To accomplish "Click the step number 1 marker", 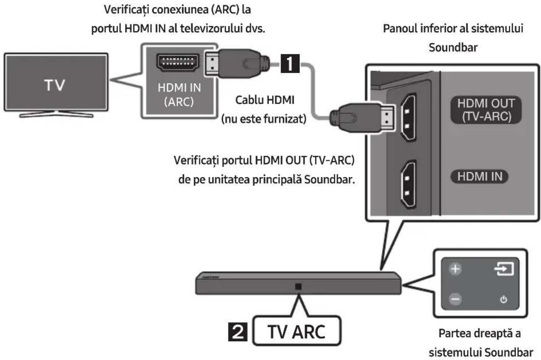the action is point(290,63).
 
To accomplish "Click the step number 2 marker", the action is point(237,332).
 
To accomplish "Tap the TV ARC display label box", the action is point(297,331).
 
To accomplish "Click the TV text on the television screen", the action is point(54,85).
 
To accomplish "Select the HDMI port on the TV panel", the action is point(178,62).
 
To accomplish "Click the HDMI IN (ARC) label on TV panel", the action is point(179,95).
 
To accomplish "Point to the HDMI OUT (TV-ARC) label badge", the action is point(486,110).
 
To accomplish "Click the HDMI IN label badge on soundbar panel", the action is point(480,177).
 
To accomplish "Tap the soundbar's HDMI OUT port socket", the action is point(409,117).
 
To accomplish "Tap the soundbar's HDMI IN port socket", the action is point(409,185).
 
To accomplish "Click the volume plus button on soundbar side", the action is point(455,269).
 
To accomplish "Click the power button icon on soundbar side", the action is point(504,300).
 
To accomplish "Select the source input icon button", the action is point(504,269).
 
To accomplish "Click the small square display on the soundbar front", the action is point(298,287).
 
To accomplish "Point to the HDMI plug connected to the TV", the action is point(237,63).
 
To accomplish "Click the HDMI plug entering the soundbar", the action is point(363,118).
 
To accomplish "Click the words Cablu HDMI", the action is point(264,100).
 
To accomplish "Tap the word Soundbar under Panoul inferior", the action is point(453,48).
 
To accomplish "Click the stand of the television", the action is point(56,114).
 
